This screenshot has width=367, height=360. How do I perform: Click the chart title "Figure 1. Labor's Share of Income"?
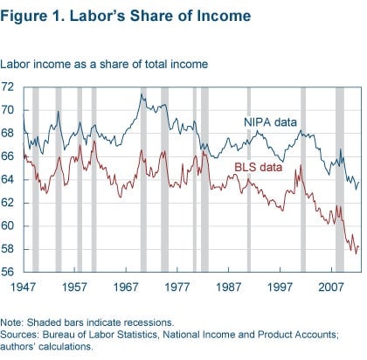point(126,16)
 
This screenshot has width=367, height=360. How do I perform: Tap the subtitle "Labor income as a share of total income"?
point(104,64)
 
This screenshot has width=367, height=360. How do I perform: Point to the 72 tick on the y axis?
point(7,87)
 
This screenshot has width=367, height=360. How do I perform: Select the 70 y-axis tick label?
point(7,110)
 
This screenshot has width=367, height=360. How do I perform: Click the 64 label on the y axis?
point(7,179)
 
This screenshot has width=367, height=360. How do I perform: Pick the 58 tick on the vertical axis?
point(7,249)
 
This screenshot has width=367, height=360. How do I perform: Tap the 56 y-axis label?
point(7,272)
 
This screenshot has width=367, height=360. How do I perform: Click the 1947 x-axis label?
point(23,287)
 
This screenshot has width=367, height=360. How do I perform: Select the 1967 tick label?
point(126,287)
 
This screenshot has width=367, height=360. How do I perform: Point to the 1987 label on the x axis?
point(228,287)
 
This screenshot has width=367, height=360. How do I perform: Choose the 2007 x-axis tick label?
point(331,287)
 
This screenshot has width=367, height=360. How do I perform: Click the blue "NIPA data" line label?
point(270,122)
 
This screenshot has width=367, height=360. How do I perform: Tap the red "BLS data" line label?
point(259,167)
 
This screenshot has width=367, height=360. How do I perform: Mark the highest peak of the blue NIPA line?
point(142,94)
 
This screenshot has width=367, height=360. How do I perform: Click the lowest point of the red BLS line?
point(356,253)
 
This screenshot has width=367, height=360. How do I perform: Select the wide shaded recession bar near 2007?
point(340,179)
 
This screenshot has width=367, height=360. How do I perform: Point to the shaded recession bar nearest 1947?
point(36,179)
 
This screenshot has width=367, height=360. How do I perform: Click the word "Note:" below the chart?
point(12,322)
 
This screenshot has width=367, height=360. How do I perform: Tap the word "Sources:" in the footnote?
point(19,335)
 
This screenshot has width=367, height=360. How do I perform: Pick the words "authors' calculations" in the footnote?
point(45,347)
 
